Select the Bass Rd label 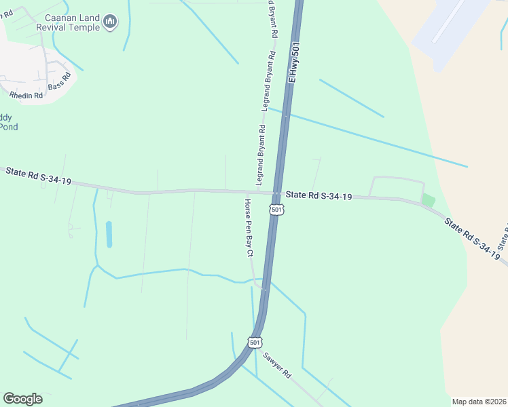tap(60, 85)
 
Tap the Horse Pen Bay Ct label tap(249, 227)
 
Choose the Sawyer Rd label tap(277, 365)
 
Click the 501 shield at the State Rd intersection tap(276, 210)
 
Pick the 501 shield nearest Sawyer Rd tap(254, 343)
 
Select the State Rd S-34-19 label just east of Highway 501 tap(319, 196)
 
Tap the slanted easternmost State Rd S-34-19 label tap(472, 238)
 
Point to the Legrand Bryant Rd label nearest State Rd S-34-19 tap(260, 155)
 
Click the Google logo tap(22, 398)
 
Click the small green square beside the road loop tap(428, 200)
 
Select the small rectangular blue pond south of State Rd tap(109, 234)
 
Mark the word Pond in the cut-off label tap(8, 127)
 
